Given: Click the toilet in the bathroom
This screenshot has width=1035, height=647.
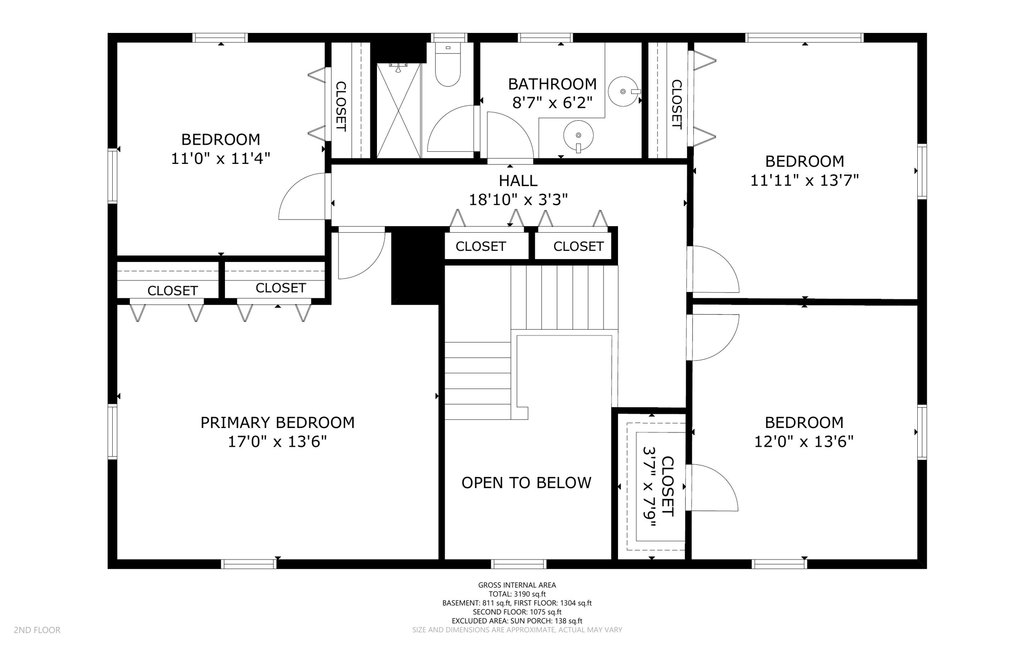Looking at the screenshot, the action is point(448,71).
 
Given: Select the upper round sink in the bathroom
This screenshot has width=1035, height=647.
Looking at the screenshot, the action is point(623,92).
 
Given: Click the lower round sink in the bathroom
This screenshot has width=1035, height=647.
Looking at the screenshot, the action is point(578,135).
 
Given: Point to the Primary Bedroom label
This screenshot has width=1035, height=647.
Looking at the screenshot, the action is point(277,422).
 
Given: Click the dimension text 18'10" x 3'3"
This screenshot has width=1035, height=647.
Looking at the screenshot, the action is point(518,200).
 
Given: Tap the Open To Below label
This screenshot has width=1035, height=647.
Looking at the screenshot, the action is point(526,483).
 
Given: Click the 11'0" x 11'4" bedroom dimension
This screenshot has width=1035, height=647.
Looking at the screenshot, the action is point(220,158).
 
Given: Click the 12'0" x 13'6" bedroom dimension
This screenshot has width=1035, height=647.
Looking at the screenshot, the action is point(804,442).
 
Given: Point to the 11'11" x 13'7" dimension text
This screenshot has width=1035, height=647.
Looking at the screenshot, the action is point(805,180).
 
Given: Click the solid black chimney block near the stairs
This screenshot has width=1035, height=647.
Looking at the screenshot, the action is point(415,266).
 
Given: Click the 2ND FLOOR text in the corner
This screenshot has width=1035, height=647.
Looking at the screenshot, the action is point(37,630).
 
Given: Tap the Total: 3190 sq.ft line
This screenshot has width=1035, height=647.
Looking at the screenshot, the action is point(517,594).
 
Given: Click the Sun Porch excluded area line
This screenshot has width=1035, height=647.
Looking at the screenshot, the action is point(517,621).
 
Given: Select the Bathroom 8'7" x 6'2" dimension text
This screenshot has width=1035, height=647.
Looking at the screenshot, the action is point(552,103).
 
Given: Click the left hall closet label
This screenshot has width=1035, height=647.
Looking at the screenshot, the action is point(480,246).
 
